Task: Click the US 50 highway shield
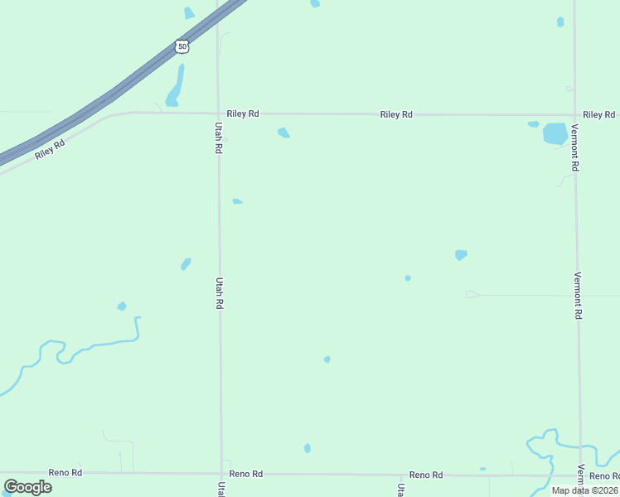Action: tap(182, 47)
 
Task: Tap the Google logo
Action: tap(27, 486)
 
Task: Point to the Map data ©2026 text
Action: tap(584, 490)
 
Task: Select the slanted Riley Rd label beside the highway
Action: tap(50, 151)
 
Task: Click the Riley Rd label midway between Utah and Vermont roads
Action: tap(396, 114)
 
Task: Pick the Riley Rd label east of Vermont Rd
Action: tap(600, 114)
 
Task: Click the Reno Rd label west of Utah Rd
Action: tap(65, 472)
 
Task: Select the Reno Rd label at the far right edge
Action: tap(604, 475)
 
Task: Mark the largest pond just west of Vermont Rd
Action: tap(555, 133)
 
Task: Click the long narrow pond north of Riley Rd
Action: tap(176, 87)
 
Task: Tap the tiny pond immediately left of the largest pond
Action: tap(534, 124)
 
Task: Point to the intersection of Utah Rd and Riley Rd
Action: tap(218, 113)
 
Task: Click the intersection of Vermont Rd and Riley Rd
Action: tap(574, 115)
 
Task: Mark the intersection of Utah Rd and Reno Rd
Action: tap(221, 474)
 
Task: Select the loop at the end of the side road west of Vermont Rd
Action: tap(472, 294)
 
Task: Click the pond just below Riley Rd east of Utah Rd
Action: tap(283, 133)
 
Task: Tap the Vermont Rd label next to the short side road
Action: tap(578, 296)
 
